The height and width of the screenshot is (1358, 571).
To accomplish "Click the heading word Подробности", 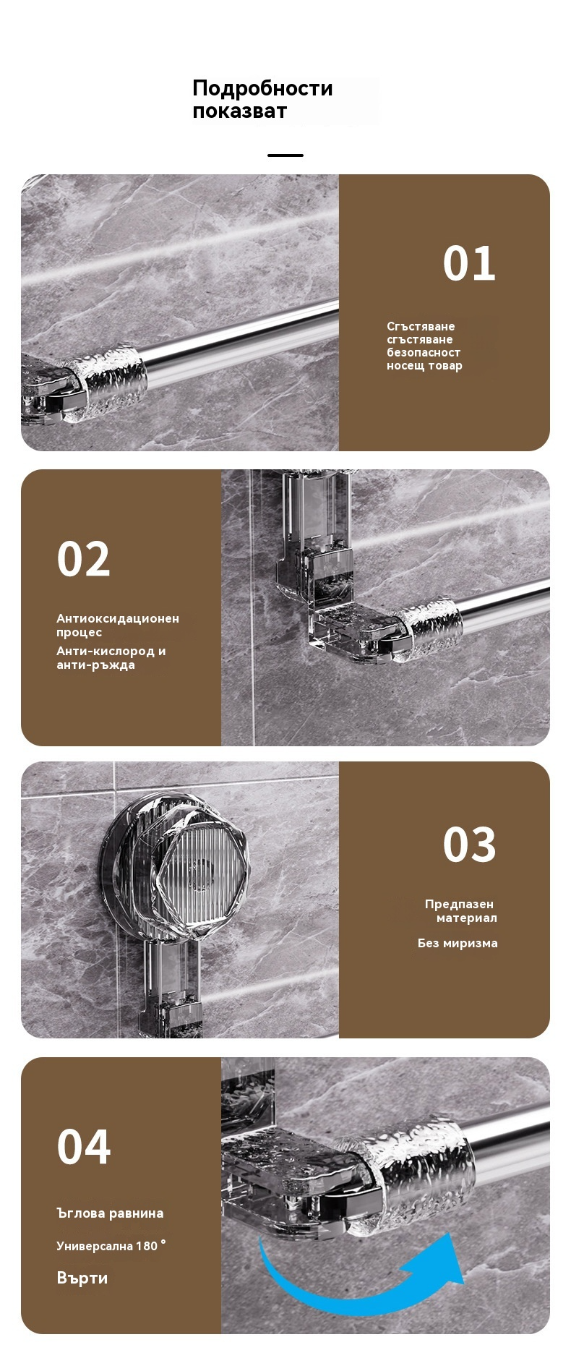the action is [262, 89].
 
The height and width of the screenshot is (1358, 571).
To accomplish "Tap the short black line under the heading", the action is [285, 155].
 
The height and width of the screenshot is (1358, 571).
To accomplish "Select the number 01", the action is [469, 263].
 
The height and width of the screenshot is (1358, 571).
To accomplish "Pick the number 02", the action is [84, 559].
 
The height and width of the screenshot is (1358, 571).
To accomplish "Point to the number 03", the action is [469, 845].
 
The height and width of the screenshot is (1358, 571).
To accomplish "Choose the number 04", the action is [84, 1147].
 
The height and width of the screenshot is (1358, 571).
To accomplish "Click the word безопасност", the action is [424, 353].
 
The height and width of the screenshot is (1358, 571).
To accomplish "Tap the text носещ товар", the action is [424, 366].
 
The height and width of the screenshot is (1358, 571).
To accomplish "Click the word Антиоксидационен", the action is [118, 618].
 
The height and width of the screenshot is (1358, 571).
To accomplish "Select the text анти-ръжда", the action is [95, 665].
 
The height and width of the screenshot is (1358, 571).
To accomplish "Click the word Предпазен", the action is [459, 904].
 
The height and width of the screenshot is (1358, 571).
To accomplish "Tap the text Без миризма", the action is [458, 943].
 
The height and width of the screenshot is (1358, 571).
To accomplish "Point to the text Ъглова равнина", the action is [110, 1213].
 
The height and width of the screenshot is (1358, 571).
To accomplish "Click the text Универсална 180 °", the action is [111, 1246].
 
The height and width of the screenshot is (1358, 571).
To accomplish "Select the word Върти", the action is [82, 1278].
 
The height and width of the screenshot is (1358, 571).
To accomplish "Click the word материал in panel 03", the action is [466, 918].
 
